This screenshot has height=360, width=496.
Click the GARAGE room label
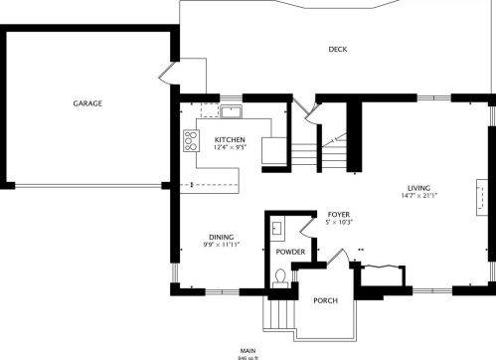tap(87, 102)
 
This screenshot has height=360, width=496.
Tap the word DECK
tap(338, 50)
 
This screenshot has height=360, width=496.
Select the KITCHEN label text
tap(231, 139)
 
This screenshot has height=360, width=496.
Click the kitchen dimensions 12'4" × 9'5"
tap(231, 148)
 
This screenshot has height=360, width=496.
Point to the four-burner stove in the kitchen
tap(189, 141)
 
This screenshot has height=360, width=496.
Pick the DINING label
tap(221, 236)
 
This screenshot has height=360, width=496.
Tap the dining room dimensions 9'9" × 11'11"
tap(221, 244)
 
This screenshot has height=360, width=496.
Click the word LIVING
tap(418, 188)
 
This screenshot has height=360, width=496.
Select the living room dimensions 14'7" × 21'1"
tap(418, 196)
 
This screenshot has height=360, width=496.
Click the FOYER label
tap(339, 214)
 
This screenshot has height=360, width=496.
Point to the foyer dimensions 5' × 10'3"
tap(339, 222)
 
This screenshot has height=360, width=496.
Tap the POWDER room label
tap(290, 252)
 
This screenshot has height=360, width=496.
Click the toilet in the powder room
tap(281, 277)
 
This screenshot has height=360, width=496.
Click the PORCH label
tap(326, 300)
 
